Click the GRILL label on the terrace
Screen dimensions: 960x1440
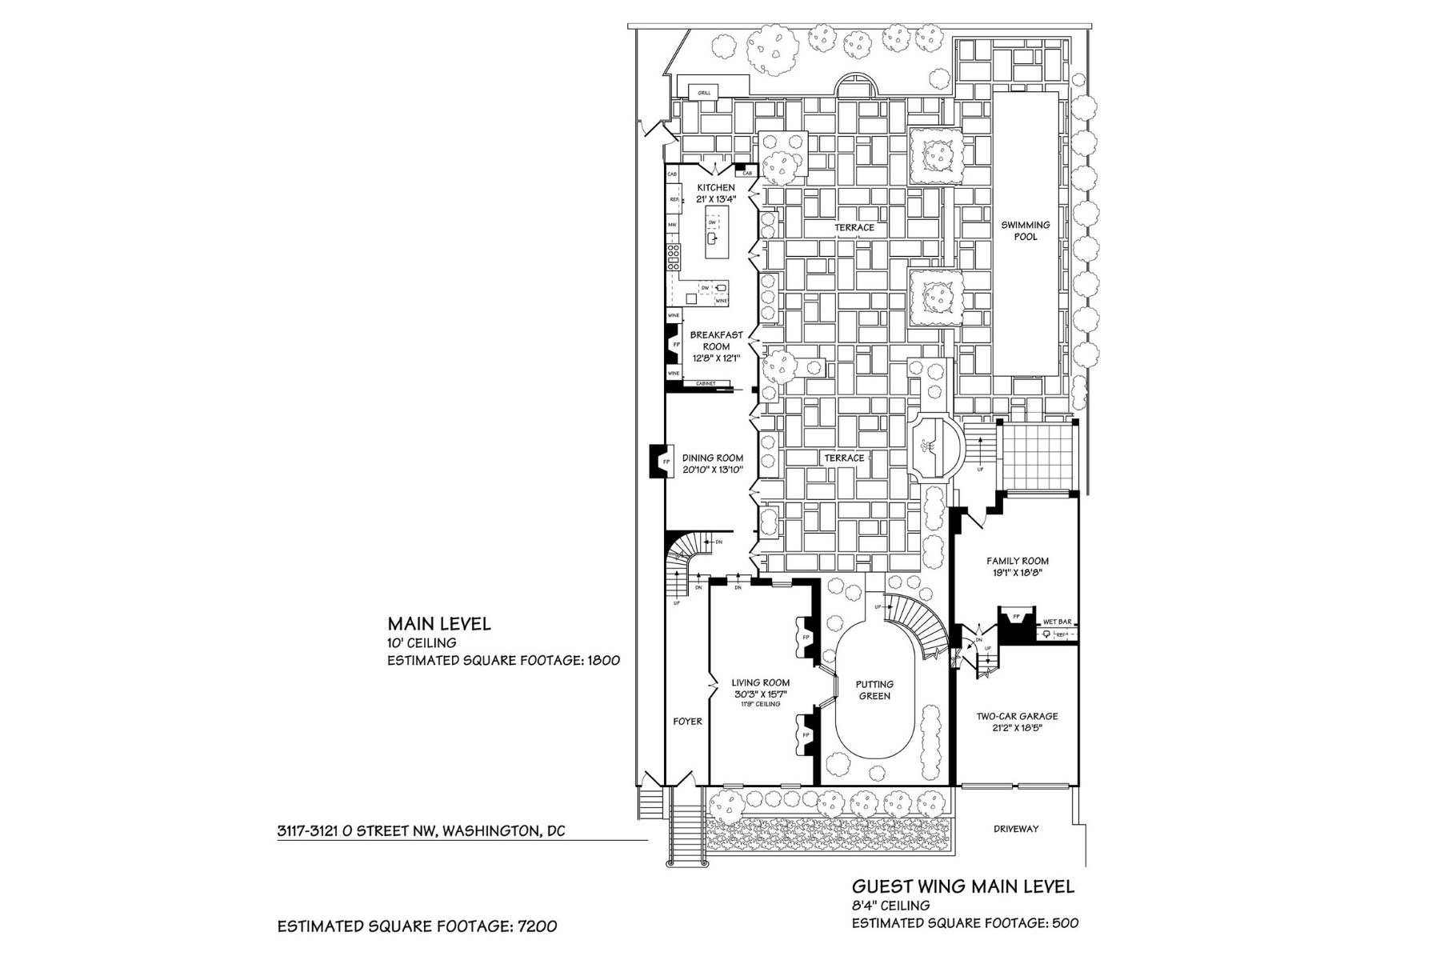point(704,93)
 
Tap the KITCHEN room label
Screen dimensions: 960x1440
point(715,188)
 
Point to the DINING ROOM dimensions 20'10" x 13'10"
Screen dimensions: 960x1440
point(713,470)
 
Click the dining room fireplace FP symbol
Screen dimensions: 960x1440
point(666,462)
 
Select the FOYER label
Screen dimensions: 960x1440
point(687,721)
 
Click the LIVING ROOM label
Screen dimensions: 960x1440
point(760,683)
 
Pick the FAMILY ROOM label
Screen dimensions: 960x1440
point(1017,561)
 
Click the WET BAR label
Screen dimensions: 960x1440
point(1057,622)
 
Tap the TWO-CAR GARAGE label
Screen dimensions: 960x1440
point(1017,716)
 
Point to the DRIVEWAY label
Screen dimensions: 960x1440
point(1016,829)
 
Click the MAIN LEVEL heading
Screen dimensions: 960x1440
point(439,623)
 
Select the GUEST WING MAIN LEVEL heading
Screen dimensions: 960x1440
point(962,886)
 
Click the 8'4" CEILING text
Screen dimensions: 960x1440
point(890,906)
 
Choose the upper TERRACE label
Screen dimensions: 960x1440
point(854,228)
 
